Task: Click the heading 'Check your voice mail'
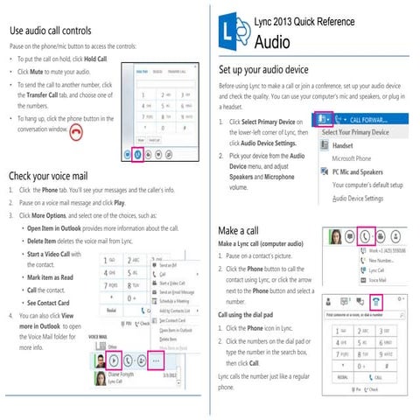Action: click(49, 174)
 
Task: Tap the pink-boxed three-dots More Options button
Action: click(157, 359)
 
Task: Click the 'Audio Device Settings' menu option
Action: click(358, 199)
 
